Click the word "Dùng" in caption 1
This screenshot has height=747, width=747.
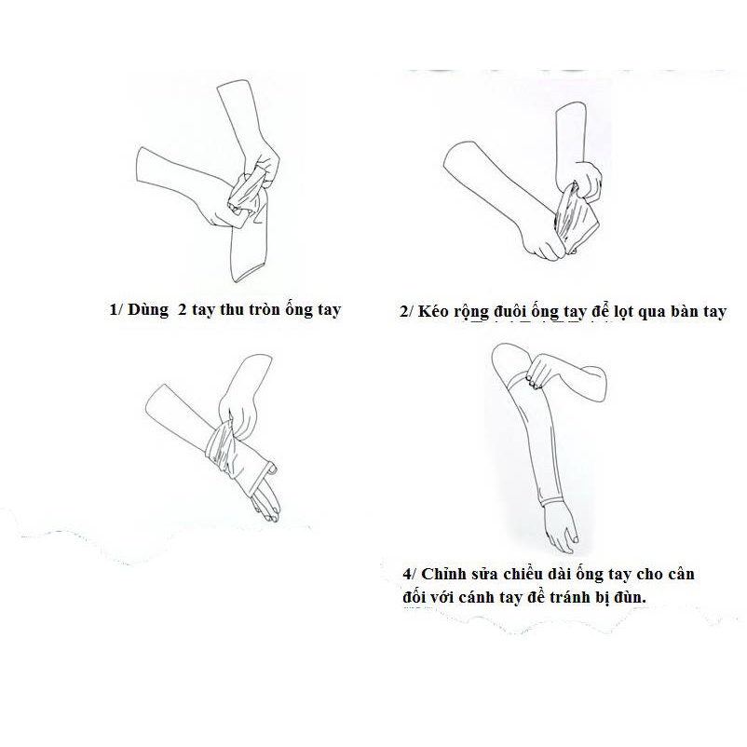point(149,310)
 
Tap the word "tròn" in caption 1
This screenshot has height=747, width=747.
point(262,309)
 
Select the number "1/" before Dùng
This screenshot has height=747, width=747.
point(116,310)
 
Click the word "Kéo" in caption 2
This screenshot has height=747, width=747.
point(433,312)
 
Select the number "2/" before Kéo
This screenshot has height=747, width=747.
point(407,312)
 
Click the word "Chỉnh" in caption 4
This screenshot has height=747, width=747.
point(443,574)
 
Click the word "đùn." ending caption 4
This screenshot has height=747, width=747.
point(629,597)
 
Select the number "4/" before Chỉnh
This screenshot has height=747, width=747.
point(409,574)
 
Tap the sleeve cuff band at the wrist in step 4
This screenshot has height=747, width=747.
point(552,501)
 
